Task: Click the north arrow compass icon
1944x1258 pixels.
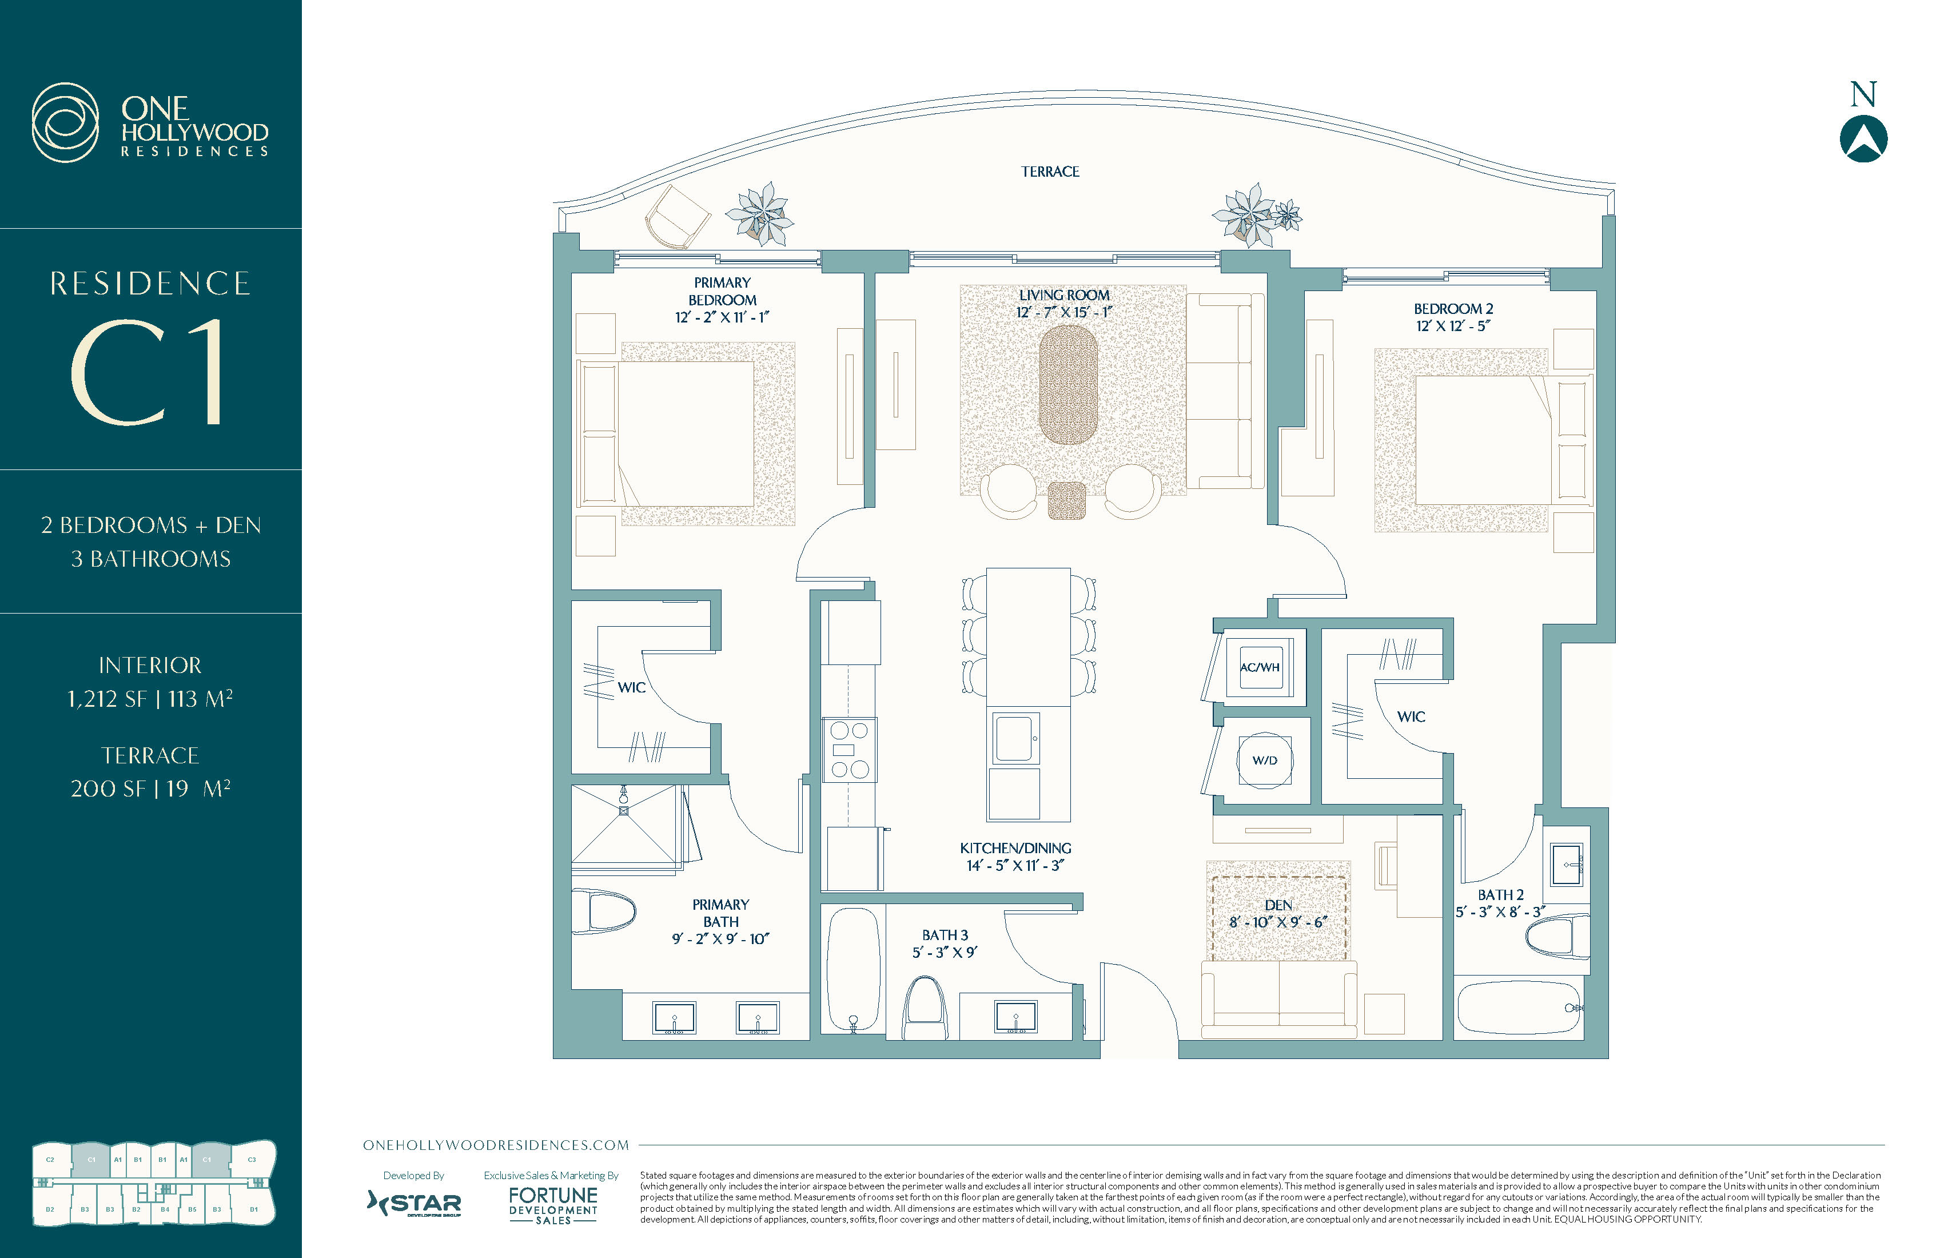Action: (1863, 139)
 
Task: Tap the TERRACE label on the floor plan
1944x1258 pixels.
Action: (1050, 172)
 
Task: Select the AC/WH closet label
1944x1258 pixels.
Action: (1260, 667)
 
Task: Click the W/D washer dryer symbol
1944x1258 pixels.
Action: (1264, 760)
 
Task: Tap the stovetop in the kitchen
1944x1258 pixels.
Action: (850, 750)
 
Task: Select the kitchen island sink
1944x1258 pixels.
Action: (1014, 738)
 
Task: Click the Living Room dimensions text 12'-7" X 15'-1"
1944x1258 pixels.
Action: (1063, 313)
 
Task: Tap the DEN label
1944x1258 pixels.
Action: (1278, 905)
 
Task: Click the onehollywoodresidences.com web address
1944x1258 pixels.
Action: (496, 1145)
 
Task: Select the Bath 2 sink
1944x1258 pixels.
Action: (1566, 863)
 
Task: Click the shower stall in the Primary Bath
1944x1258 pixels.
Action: (625, 823)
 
